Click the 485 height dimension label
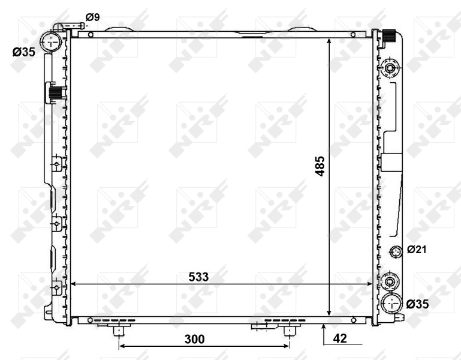point(320,166)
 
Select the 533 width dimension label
point(200,277)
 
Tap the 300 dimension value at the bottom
point(194,339)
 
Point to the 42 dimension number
point(339,339)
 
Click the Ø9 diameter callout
point(92,17)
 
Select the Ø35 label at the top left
point(24,52)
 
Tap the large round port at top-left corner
point(51,41)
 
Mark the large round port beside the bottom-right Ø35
point(390,304)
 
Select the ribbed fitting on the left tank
point(55,94)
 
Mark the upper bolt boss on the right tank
point(391,70)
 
